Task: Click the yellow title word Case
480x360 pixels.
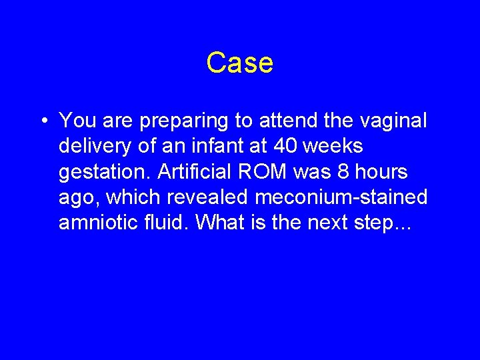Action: click(x=239, y=63)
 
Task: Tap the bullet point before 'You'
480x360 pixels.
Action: click(x=42, y=121)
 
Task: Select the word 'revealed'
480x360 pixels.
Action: click(x=200, y=197)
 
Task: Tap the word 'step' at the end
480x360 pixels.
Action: click(x=386, y=224)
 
